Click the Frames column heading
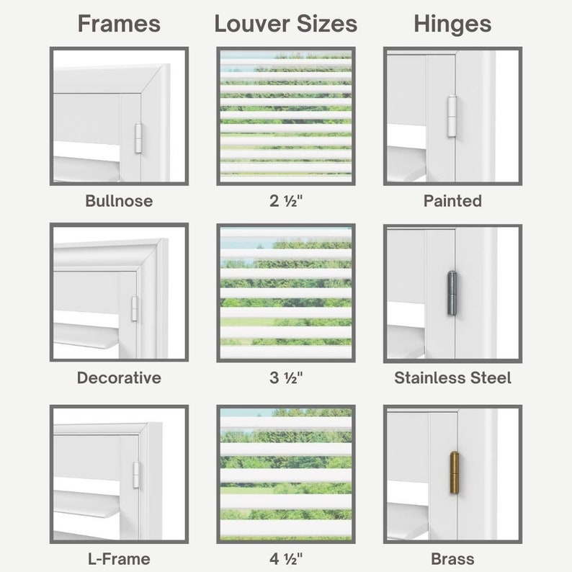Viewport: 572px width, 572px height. click(119, 24)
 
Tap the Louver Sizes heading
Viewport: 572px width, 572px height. click(286, 24)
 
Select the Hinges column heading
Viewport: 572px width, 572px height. click(452, 24)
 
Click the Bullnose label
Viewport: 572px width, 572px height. click(119, 201)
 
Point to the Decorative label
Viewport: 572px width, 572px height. click(119, 377)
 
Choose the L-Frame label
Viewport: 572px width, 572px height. click(119, 558)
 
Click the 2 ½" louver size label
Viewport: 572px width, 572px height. click(286, 201)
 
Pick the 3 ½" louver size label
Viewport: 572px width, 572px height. click(286, 377)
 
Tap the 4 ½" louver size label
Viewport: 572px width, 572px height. click(286, 558)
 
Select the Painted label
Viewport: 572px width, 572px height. click(452, 201)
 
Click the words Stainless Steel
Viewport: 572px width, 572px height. click(452, 377)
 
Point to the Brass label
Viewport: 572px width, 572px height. click(452, 558)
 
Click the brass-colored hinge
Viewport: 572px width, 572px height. click(454, 473)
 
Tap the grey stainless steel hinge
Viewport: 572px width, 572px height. click(452, 291)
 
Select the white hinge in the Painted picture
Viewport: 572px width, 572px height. click(452, 115)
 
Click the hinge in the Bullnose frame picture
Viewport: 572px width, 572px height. click(139, 137)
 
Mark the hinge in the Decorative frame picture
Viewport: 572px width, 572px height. click(135, 308)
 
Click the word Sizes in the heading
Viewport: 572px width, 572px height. click(325, 24)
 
